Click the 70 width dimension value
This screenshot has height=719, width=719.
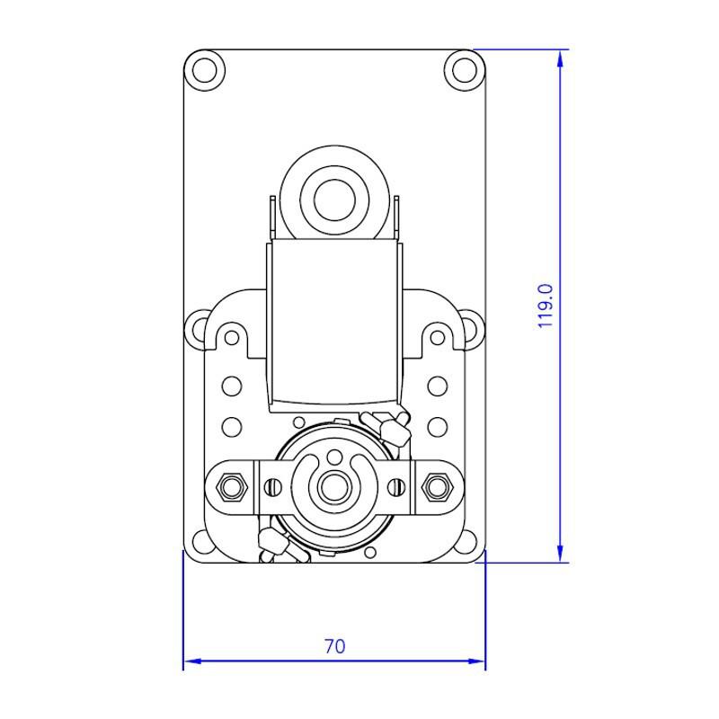click(334, 646)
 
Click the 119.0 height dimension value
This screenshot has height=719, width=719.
click(546, 306)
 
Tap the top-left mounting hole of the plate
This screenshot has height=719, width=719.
click(205, 71)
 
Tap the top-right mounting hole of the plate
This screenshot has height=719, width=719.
click(465, 71)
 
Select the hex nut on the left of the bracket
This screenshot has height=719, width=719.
click(232, 487)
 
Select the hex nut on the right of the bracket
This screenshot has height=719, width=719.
click(438, 487)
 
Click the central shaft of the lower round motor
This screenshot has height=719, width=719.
click(334, 487)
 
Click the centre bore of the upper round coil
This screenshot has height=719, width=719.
click(334, 200)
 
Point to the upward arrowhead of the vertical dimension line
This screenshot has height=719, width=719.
click(560, 58)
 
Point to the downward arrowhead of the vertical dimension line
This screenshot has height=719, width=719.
click(560, 554)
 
